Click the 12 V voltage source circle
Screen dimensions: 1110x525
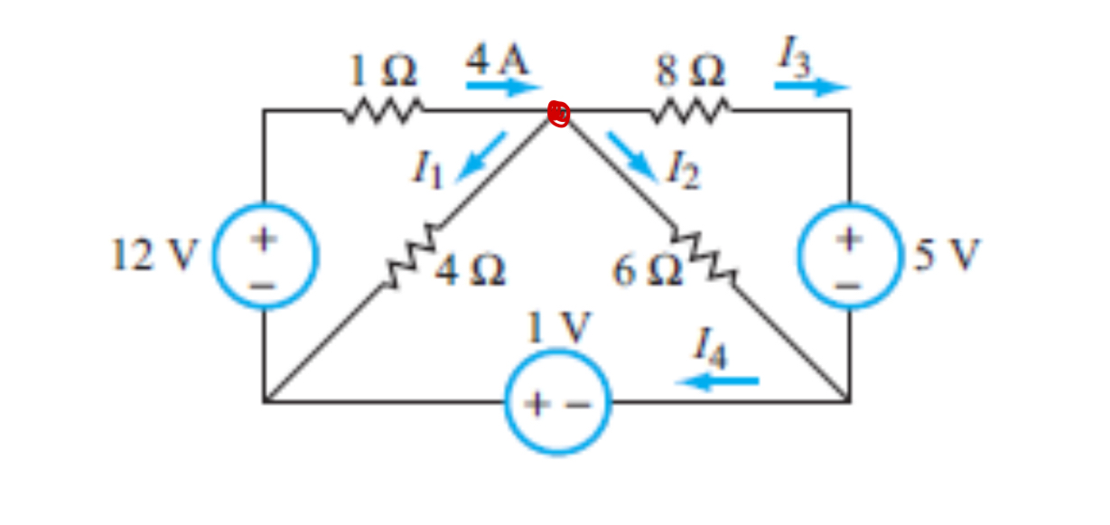(265, 256)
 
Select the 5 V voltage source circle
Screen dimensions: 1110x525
(850, 256)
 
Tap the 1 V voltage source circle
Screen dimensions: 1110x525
(557, 402)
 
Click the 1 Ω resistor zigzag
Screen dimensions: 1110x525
(383, 111)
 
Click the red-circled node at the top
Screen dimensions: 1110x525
(559, 114)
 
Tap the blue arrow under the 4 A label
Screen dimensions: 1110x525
(503, 88)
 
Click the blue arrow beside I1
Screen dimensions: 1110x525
(481, 156)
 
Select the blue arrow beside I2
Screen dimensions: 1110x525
(631, 156)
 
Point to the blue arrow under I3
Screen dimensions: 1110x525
(811, 88)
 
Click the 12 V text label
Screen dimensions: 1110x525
(152, 256)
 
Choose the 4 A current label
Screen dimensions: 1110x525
(497, 61)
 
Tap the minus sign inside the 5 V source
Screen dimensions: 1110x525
(848, 284)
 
